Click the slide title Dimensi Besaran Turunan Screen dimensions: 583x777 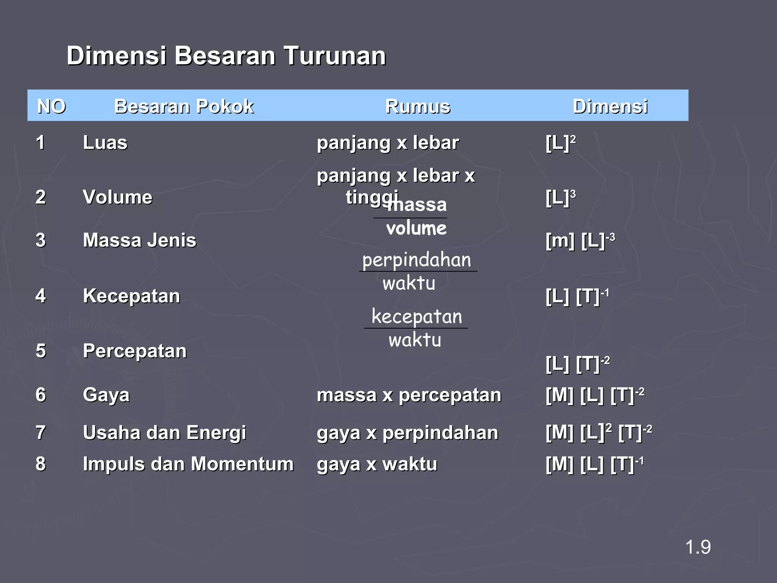[226, 56]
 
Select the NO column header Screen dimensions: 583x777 [52, 106]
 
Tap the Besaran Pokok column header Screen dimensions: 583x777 [184, 106]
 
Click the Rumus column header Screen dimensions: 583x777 [418, 106]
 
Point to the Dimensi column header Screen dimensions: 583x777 [610, 106]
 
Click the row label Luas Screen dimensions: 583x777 [105, 143]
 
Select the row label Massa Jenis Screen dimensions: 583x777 [140, 240]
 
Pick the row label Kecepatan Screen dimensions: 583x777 [131, 296]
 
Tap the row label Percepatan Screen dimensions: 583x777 [135, 351]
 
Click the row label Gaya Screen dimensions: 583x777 [106, 395]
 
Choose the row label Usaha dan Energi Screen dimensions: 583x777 [164, 433]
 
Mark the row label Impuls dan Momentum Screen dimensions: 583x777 [188, 464]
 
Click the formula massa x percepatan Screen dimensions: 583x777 [409, 395]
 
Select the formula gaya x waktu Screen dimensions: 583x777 [377, 464]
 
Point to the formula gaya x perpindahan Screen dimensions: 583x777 [407, 433]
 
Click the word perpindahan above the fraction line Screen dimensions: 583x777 [417, 260]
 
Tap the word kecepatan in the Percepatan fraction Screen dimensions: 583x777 [417, 317]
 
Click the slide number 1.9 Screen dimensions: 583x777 [698, 547]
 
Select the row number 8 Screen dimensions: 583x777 [41, 464]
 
